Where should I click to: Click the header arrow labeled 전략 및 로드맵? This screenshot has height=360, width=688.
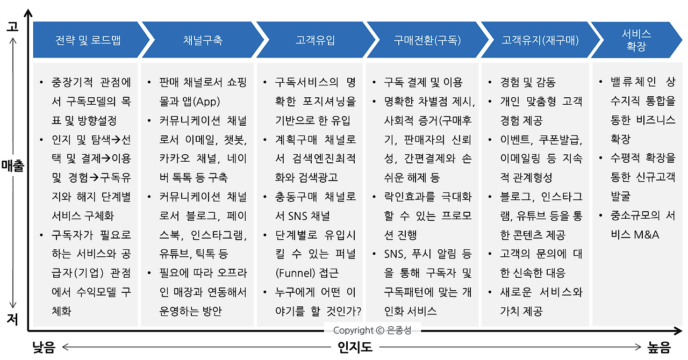(x=88, y=40)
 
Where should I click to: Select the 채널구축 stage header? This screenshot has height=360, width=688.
(x=203, y=40)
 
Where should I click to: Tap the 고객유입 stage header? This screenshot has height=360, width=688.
(x=315, y=40)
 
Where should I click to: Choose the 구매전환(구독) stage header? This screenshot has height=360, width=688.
(x=427, y=40)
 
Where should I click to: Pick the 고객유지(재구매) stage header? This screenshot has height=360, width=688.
(x=540, y=40)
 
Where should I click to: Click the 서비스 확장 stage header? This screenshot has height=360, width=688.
(x=636, y=40)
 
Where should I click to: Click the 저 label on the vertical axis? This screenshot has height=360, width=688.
(x=12, y=319)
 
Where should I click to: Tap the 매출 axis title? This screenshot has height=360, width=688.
(x=12, y=166)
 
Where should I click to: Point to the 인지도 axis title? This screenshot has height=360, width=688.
(x=355, y=347)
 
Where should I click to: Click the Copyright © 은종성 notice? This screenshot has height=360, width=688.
(x=372, y=330)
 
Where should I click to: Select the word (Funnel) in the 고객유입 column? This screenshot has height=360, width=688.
(x=295, y=273)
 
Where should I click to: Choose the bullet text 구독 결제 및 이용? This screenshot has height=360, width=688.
(x=423, y=82)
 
